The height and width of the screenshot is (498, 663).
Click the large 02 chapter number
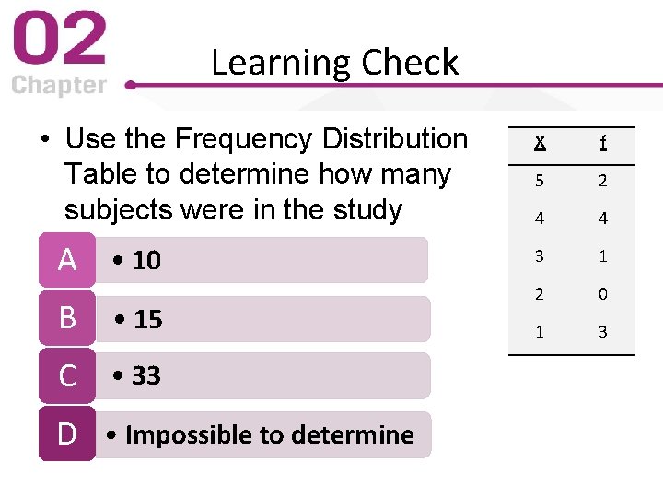tap(59, 41)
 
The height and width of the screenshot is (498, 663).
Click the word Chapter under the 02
tap(59, 86)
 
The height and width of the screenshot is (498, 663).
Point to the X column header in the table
tap(540, 143)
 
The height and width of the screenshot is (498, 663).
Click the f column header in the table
tap(602, 143)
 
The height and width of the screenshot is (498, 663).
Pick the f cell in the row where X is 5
tap(602, 181)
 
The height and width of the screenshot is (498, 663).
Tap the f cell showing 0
tap(602, 294)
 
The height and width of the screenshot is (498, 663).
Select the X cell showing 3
tap(540, 256)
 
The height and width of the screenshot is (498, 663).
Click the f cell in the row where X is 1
tap(602, 332)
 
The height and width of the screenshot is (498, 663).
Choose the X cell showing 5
tap(540, 181)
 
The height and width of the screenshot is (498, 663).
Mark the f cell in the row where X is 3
tap(602, 256)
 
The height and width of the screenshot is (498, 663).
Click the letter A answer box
tap(66, 261)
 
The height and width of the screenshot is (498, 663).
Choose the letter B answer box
tap(66, 318)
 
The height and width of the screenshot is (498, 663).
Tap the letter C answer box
tap(66, 376)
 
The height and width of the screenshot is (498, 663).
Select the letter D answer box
tap(66, 433)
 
